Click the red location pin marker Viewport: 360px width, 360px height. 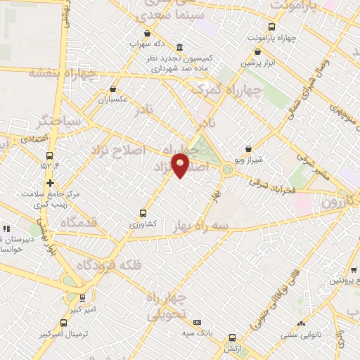pyautogui.click(x=181, y=165)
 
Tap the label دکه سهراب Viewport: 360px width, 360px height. pyautogui.click(x=147, y=44)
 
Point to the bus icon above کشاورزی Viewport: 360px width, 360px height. pyautogui.click(x=143, y=213)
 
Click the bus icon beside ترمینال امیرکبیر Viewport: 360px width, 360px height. pyautogui.click(x=83, y=298)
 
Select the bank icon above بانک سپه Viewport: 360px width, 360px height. pyautogui.click(x=197, y=321)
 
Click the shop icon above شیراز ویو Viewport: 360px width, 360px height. pyautogui.click(x=248, y=149)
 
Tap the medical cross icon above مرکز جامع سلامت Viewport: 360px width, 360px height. pyautogui.click(x=50, y=183)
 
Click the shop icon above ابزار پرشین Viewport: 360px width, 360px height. pyautogui.click(x=260, y=52)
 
